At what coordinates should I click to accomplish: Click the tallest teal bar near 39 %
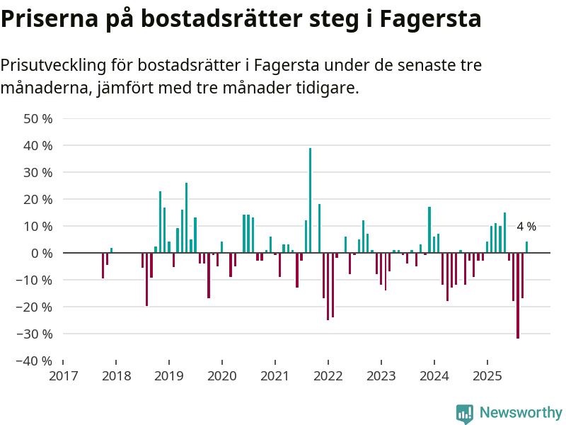[310, 200]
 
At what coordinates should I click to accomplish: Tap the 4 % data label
[526, 227]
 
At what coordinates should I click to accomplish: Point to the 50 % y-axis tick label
[38, 119]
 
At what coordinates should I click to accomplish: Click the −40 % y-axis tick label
[35, 361]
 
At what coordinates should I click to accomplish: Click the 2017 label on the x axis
[63, 375]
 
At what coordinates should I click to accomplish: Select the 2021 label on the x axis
[275, 375]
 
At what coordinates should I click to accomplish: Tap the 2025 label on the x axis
[487, 375]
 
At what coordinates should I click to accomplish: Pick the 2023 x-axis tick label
[381, 375]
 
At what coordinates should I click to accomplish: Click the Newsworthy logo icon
[465, 414]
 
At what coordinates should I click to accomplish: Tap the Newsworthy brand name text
[521, 413]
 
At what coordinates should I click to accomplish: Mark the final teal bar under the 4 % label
[526, 247]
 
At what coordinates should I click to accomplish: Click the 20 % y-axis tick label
[38, 200]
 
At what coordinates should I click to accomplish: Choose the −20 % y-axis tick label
[35, 307]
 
